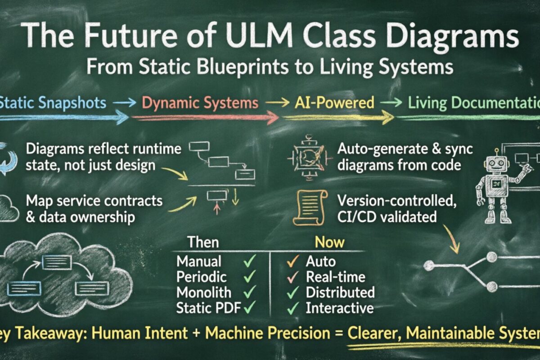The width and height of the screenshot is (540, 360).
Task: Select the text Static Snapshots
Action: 53,103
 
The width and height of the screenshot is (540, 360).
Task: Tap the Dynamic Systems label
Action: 200,103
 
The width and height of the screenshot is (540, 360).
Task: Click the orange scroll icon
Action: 310,207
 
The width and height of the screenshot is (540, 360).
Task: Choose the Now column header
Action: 329,243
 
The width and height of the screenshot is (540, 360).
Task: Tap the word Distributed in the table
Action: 340,292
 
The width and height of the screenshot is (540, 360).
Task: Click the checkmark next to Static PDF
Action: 249,308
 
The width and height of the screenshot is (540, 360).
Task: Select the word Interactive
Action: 340,308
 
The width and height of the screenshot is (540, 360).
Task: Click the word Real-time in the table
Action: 336,276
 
